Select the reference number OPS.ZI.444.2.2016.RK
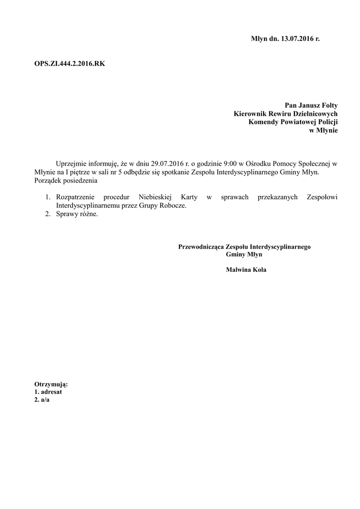pyautogui.click(x=70, y=64)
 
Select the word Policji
pyautogui.click(x=326, y=122)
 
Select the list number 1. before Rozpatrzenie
pyautogui.click(x=49, y=197)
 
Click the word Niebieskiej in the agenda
pyautogui.click(x=154, y=197)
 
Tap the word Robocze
pyautogui.click(x=174, y=206)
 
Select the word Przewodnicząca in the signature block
pyautogui.click(x=201, y=246)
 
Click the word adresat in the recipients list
pyautogui.click(x=51, y=392)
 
